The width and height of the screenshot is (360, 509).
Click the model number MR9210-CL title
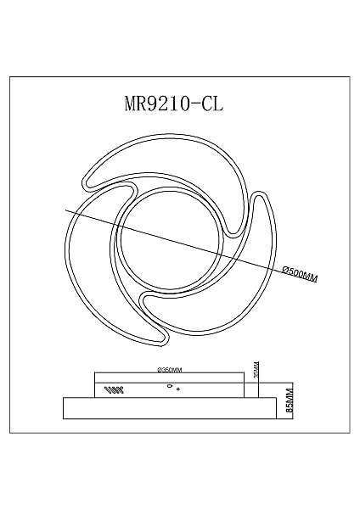(x=179, y=104)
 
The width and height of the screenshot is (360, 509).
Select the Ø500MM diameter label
(x=298, y=273)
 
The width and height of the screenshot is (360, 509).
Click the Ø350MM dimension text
(x=172, y=369)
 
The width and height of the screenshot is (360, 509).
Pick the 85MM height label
(x=289, y=396)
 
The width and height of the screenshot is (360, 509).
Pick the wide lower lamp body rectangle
(x=170, y=407)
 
